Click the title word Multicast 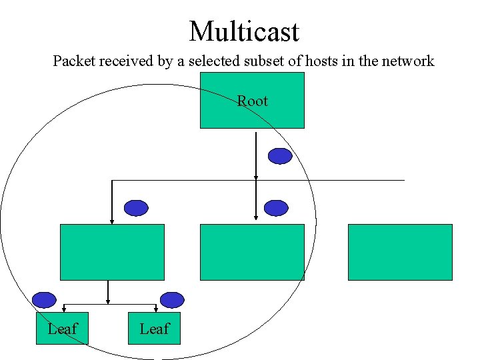pyautogui.click(x=244, y=31)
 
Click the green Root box pyautogui.click(x=252, y=100)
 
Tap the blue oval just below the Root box pyautogui.click(x=280, y=156)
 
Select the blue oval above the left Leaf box pyautogui.click(x=44, y=300)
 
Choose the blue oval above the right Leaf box pyautogui.click(x=171, y=300)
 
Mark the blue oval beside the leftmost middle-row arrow pyautogui.click(x=137, y=208)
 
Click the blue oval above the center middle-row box pyautogui.click(x=276, y=208)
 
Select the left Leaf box pyautogui.click(x=62, y=328)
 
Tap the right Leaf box pyautogui.click(x=154, y=328)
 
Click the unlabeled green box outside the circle pyautogui.click(x=400, y=252)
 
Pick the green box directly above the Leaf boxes pyautogui.click(x=112, y=252)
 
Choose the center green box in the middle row pyautogui.click(x=252, y=252)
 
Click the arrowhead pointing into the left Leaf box pyautogui.click(x=63, y=309)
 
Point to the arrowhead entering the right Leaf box pyautogui.click(x=155, y=309)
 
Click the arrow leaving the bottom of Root pyautogui.click(x=256, y=153)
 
